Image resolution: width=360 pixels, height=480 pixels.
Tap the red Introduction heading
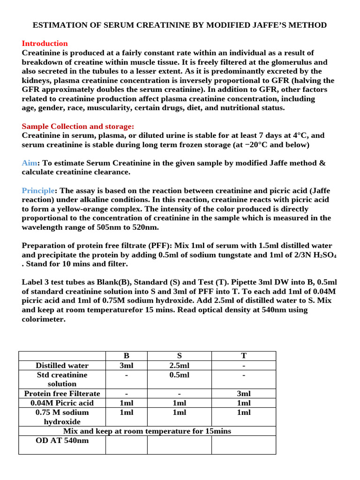[x=45, y=44]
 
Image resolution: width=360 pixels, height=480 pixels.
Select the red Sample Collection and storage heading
[x=78, y=127]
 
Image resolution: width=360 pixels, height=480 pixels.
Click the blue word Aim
[x=29, y=163]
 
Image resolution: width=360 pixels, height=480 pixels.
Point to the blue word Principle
[x=38, y=191]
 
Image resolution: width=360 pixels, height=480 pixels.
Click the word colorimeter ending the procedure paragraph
[x=44, y=319]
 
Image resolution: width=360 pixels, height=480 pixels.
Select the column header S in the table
[x=179, y=356]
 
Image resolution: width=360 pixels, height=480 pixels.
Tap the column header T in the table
[x=243, y=356]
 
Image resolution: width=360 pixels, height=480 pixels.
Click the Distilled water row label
[x=62, y=366]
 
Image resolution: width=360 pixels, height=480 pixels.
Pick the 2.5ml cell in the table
[x=179, y=366]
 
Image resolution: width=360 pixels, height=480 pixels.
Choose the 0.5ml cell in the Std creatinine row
[x=179, y=375]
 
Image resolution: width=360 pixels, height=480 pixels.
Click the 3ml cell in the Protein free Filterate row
[x=243, y=394]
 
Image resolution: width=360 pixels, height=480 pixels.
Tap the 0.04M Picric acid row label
[x=62, y=403]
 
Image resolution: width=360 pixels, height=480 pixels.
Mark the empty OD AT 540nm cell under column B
[x=126, y=445]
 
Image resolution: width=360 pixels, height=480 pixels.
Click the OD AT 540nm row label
[x=62, y=441]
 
